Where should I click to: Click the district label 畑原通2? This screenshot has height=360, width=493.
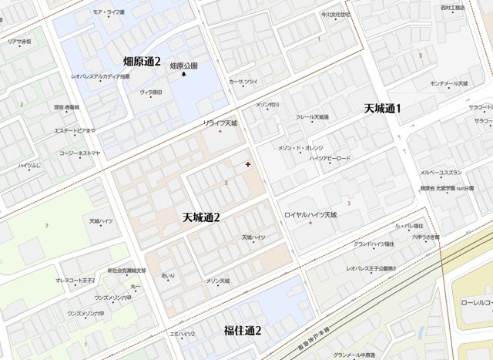click(x=142, y=61)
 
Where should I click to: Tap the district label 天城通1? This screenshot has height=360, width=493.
click(x=382, y=109)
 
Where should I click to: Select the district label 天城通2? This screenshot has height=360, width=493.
click(x=201, y=218)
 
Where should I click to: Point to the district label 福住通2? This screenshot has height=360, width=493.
click(x=243, y=331)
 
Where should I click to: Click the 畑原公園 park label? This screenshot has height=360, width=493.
click(x=183, y=66)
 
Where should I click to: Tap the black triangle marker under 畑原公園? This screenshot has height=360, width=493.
click(x=183, y=75)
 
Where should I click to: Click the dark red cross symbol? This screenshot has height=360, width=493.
click(x=247, y=164)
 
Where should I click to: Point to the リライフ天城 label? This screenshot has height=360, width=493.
click(x=220, y=123)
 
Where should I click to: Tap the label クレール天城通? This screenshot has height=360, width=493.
click(x=312, y=117)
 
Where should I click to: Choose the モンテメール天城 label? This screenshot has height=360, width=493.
click(x=448, y=83)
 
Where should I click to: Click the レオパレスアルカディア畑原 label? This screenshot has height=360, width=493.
click(x=100, y=76)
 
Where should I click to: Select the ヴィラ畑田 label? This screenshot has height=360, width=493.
click(x=151, y=93)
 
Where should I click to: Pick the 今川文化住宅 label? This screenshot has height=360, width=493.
click(x=336, y=14)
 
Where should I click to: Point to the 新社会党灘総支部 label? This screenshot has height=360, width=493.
click(x=126, y=271)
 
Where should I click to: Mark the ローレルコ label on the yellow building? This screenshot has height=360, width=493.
click(x=477, y=303)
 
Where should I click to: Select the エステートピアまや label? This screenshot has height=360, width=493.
click(x=75, y=131)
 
